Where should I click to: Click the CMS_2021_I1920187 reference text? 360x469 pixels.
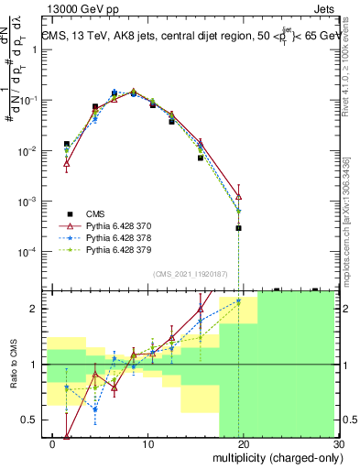pyautogui.click(x=190, y=272)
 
